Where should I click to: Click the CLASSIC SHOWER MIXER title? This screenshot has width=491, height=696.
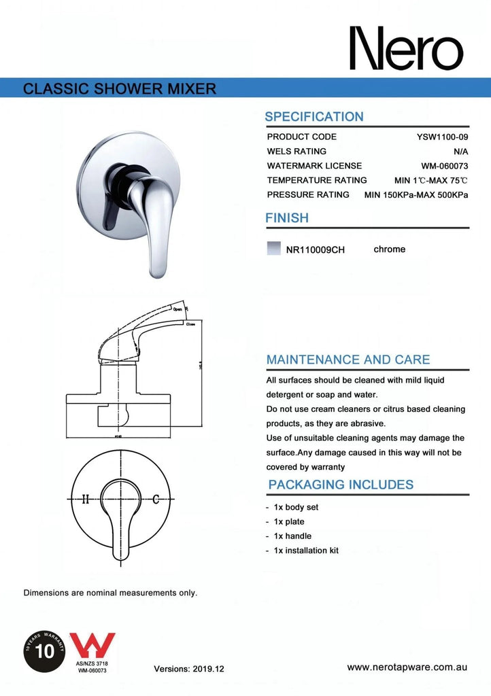pyautogui.click(x=120, y=88)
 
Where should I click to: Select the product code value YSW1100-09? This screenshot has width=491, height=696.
pyautogui.click(x=442, y=137)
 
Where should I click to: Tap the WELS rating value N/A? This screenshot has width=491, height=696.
pyautogui.click(x=460, y=151)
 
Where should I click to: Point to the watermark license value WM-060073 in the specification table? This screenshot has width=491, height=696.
pyautogui.click(x=445, y=166)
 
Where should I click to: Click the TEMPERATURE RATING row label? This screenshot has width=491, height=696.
pyautogui.click(x=317, y=180)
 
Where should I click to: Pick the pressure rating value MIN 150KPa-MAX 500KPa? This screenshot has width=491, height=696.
pyautogui.click(x=416, y=195)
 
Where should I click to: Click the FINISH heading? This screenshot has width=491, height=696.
pyautogui.click(x=286, y=218)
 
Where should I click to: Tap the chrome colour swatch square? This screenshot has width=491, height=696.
pyautogui.click(x=273, y=249)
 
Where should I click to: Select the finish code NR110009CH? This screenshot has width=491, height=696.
pyautogui.click(x=316, y=249)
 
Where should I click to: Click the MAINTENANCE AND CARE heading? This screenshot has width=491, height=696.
pyautogui.click(x=348, y=360)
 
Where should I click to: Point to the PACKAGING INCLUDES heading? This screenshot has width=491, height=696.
pyautogui.click(x=341, y=485)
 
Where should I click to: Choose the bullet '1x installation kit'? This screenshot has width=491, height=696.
pyautogui.click(x=305, y=551)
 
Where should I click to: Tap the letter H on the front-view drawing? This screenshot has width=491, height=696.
pyautogui.click(x=86, y=500)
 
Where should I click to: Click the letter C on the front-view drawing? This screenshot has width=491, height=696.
pyautogui.click(x=156, y=500)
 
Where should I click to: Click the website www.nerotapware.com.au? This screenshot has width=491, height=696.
pyautogui.click(x=407, y=667)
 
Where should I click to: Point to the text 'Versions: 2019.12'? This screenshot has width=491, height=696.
pyautogui.click(x=189, y=669)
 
